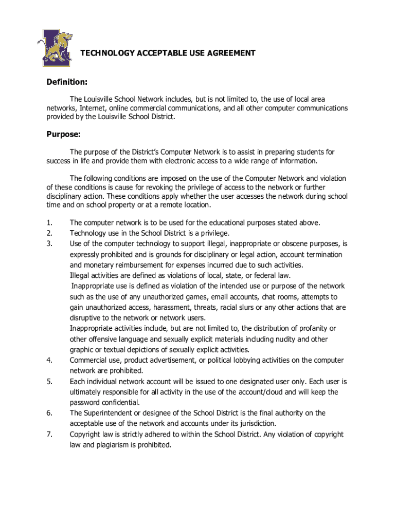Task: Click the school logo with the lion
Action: coord(55,47)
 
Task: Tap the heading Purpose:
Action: coord(63,135)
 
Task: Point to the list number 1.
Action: coord(49,222)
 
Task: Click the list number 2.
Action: coord(49,233)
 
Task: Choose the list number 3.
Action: coord(49,243)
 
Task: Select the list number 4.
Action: coord(49,360)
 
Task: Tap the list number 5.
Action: coord(49,382)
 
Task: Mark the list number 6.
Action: coord(49,413)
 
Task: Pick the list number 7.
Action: coord(49,434)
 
